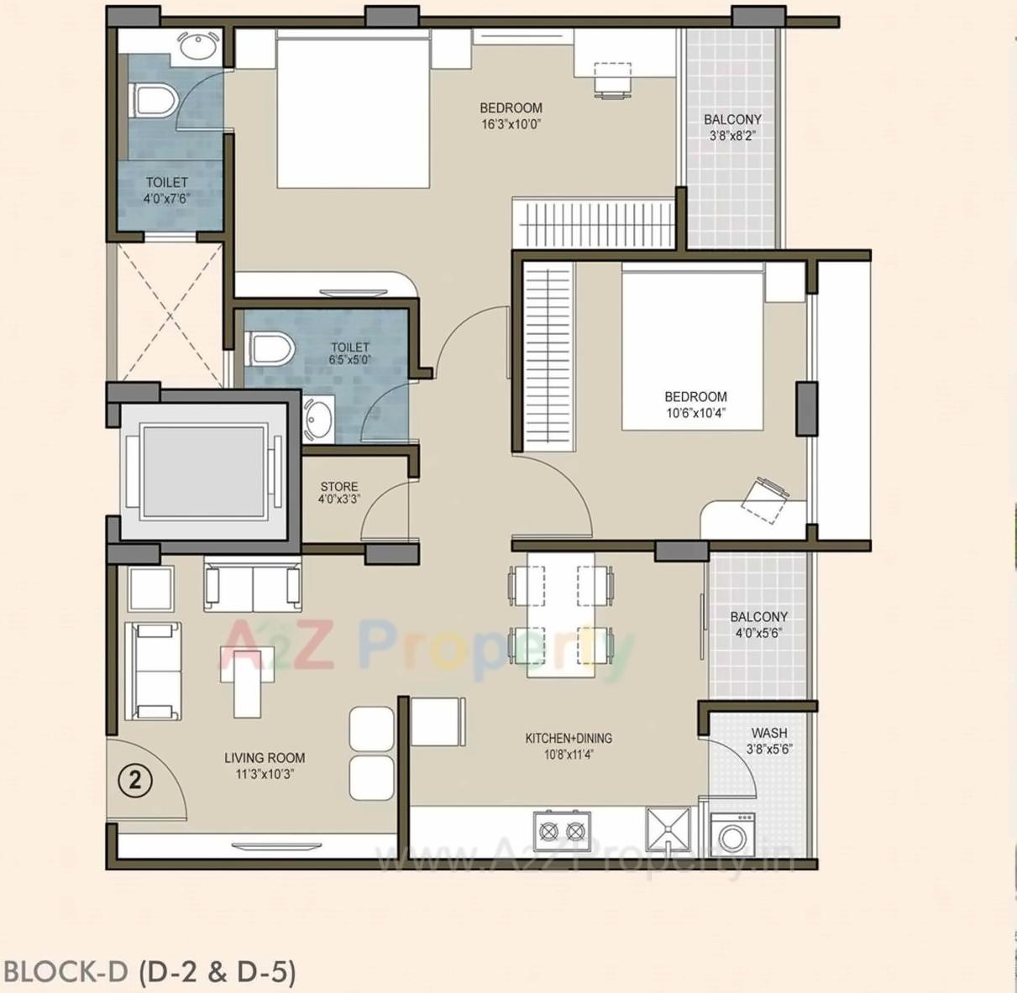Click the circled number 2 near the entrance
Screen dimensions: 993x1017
pos(134,781)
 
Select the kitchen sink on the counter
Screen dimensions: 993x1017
pos(668,829)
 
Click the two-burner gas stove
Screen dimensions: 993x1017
pos(562,831)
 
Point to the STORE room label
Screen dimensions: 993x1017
pos(338,487)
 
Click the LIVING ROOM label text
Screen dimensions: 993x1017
pos(265,758)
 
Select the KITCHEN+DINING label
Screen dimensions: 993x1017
pos(569,739)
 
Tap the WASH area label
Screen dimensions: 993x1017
pos(769,733)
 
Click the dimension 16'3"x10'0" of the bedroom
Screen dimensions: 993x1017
pos(511,124)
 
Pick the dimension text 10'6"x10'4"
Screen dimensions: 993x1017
pos(695,413)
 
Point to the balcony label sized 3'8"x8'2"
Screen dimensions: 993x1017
pos(732,119)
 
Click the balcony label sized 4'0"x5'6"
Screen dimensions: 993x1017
pos(758,617)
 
